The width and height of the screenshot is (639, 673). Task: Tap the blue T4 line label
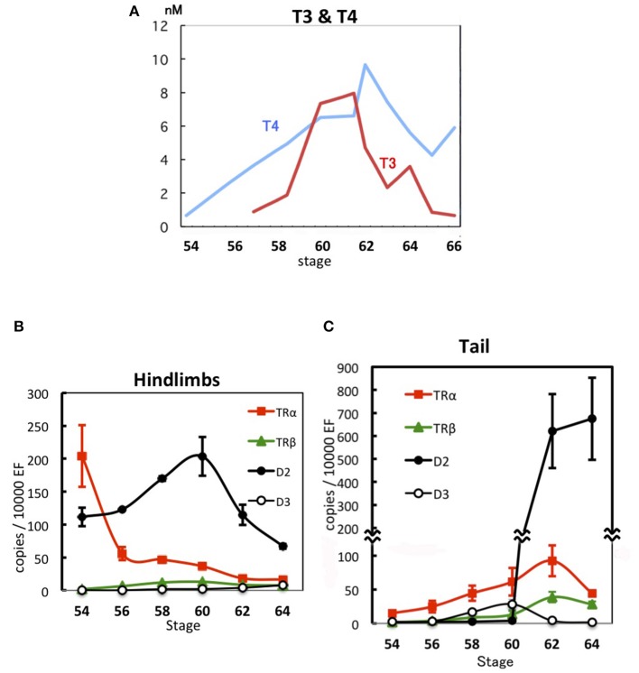270,127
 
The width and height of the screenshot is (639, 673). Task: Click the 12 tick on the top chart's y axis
162,26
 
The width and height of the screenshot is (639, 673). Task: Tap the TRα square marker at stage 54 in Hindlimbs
82,456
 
